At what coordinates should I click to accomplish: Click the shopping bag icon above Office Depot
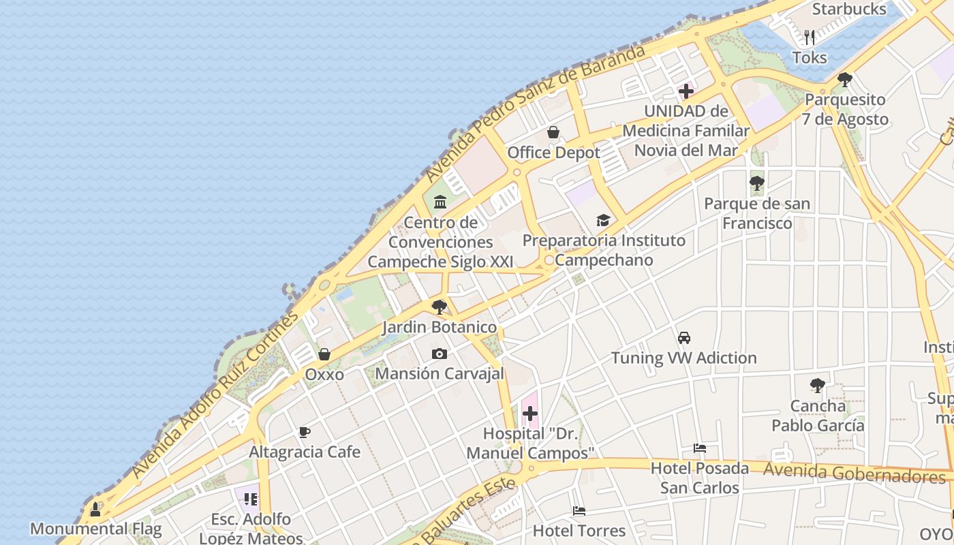click(553, 132)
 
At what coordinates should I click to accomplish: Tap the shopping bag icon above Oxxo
click(324, 354)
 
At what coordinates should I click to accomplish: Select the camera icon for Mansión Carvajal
click(440, 354)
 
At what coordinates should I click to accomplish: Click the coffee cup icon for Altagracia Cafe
click(305, 432)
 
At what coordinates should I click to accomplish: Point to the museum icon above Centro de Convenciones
click(440, 202)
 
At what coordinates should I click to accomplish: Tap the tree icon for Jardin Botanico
click(440, 307)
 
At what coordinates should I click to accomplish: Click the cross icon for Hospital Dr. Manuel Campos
click(530, 413)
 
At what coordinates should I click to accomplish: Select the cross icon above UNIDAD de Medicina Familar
click(686, 91)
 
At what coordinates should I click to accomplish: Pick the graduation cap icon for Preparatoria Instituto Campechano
click(603, 220)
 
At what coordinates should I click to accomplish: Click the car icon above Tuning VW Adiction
click(684, 337)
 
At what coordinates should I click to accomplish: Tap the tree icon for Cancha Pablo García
click(817, 386)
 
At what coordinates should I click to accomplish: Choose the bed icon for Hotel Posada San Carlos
click(700, 448)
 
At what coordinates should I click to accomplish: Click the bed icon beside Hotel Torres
click(579, 510)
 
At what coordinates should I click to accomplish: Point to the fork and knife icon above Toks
click(810, 37)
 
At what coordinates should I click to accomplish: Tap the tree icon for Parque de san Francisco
click(756, 183)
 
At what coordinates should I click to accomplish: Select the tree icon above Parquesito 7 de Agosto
click(845, 79)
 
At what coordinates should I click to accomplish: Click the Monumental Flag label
click(96, 529)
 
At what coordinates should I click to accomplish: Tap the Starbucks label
click(849, 10)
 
